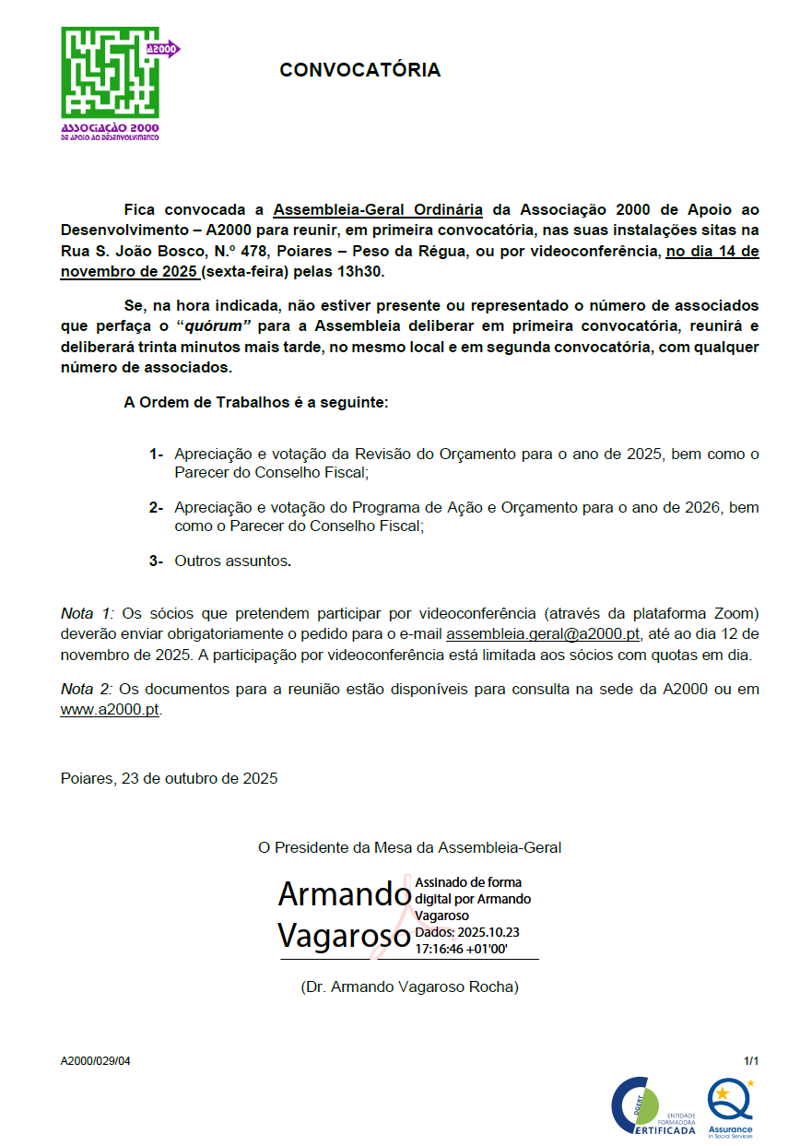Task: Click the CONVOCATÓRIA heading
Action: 359,70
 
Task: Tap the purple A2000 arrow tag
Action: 163,49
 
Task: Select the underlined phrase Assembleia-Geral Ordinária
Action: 378,209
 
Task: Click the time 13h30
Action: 364,272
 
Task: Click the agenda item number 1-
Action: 156,455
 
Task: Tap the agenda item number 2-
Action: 156,508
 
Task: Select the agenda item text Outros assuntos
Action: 232,561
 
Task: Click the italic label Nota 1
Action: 88,614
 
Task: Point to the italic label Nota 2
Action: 88,690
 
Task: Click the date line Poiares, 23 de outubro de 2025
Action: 170,778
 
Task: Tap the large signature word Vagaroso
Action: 344,936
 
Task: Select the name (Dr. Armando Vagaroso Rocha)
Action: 409,987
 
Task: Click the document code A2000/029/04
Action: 96,1061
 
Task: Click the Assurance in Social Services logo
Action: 730,1108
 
